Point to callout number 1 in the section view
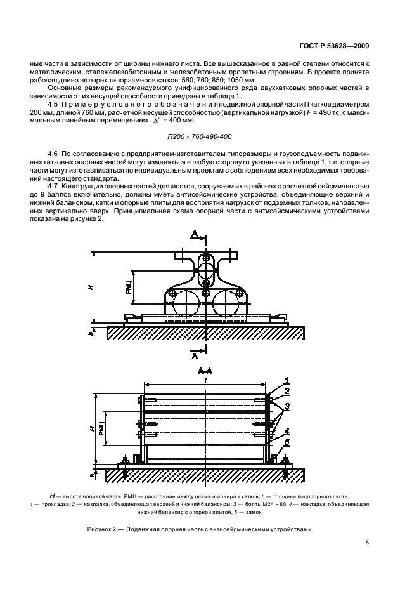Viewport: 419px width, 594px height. [287, 380]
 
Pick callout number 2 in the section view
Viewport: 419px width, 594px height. [287, 391]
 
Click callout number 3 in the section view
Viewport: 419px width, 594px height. [287, 406]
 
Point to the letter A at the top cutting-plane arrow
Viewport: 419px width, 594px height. [195, 236]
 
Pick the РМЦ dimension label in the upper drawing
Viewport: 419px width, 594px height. [129, 287]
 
